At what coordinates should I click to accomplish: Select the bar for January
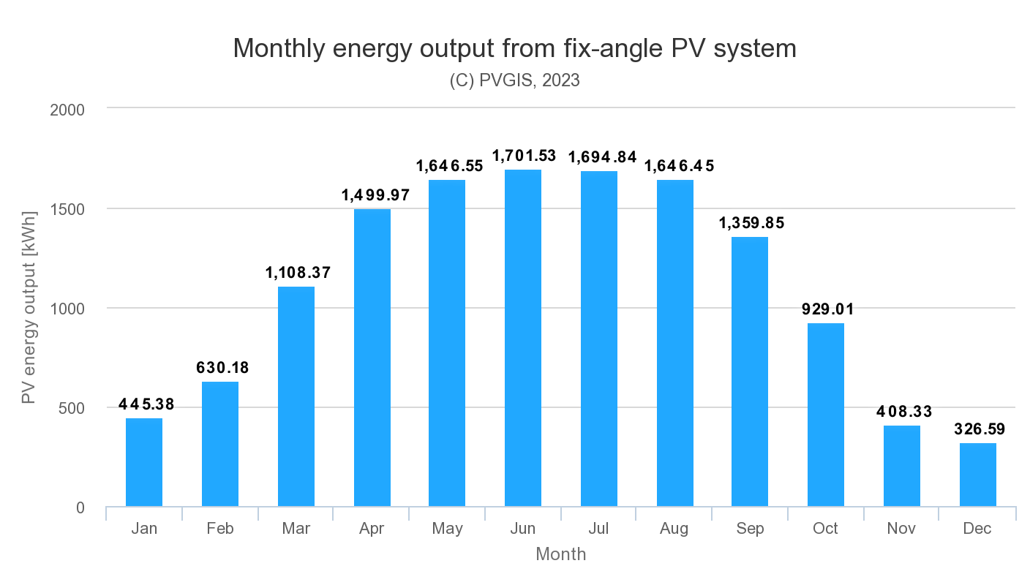(x=144, y=462)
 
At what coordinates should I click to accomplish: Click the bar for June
(x=523, y=338)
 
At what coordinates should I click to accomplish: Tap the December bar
(x=978, y=475)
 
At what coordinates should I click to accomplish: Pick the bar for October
(x=826, y=415)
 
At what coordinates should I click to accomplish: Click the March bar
(x=296, y=396)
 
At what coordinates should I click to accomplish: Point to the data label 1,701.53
(x=524, y=156)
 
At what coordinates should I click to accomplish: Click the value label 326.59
(x=980, y=429)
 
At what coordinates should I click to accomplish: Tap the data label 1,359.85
(x=751, y=223)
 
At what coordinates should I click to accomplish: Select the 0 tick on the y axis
(x=80, y=508)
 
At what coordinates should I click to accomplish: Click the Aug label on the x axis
(x=674, y=529)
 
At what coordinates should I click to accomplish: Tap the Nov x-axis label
(x=901, y=529)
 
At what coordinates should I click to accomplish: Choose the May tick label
(x=447, y=529)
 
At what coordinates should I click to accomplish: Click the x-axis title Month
(x=561, y=554)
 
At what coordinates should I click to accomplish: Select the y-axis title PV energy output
(x=29, y=309)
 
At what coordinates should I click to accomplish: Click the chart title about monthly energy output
(x=514, y=48)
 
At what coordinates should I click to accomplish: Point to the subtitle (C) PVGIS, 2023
(x=514, y=80)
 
